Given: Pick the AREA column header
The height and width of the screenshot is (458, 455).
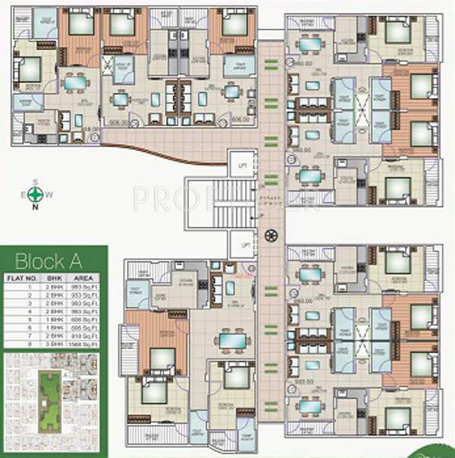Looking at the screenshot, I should coord(91,279).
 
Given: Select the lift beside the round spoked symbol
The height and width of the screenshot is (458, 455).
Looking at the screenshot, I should coord(243,245).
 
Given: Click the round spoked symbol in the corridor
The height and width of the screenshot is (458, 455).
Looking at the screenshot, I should coord(271,234).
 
